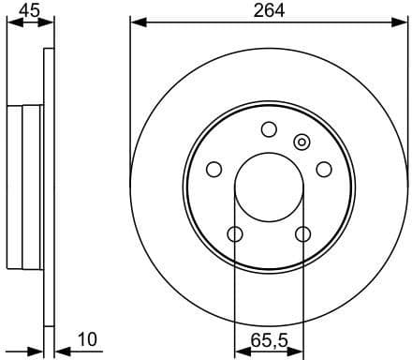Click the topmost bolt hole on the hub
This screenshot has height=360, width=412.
269,129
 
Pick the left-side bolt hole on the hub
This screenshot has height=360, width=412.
213,169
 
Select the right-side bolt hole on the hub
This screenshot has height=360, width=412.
324,169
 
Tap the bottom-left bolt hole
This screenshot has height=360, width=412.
235,233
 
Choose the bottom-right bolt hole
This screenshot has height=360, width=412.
302,233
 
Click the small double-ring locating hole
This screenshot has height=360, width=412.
302,142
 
